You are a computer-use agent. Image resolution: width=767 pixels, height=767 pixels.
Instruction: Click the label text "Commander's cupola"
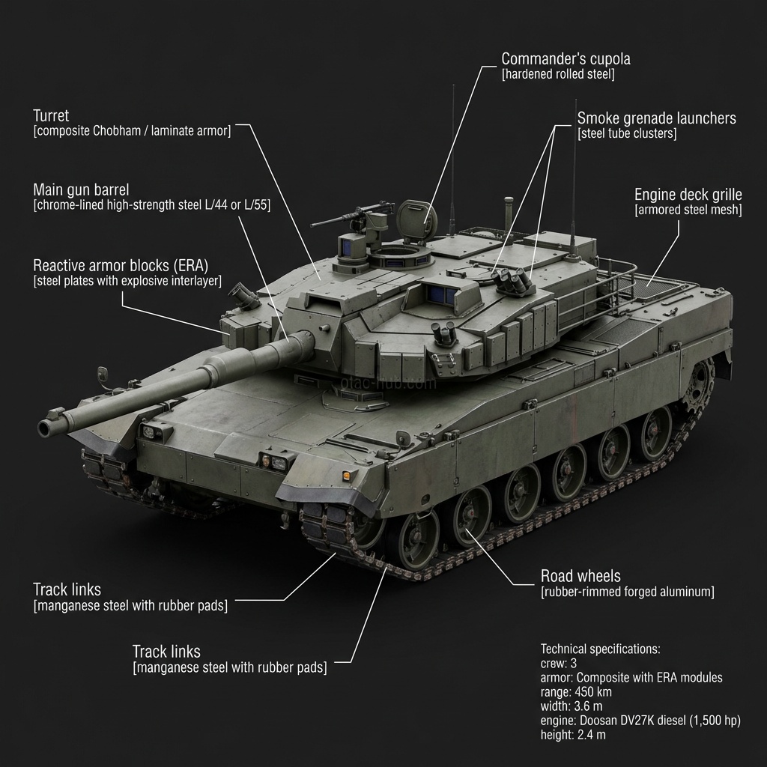click(x=566, y=58)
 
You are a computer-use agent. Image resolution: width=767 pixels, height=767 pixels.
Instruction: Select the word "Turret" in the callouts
click(x=51, y=115)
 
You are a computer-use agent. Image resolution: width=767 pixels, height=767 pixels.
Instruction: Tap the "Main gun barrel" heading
click(x=81, y=190)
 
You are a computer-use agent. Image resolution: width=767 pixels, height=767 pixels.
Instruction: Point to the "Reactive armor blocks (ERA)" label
click(x=121, y=265)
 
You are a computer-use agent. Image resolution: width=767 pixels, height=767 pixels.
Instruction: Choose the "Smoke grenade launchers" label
click(x=656, y=118)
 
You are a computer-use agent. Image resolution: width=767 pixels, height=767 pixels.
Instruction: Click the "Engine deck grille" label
click(x=688, y=194)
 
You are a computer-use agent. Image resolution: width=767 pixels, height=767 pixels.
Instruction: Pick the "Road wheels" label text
click(x=580, y=576)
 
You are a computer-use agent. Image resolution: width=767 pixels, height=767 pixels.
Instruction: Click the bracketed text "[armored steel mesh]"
click(x=688, y=210)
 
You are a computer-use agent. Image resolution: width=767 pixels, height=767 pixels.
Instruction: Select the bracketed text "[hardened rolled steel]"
click(x=558, y=74)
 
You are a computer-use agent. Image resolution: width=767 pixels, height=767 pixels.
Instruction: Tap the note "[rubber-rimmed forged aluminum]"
click(x=627, y=592)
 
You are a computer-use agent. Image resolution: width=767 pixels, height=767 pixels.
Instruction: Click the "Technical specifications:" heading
click(x=600, y=649)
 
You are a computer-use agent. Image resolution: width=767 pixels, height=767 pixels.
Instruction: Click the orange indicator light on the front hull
click(x=345, y=476)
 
